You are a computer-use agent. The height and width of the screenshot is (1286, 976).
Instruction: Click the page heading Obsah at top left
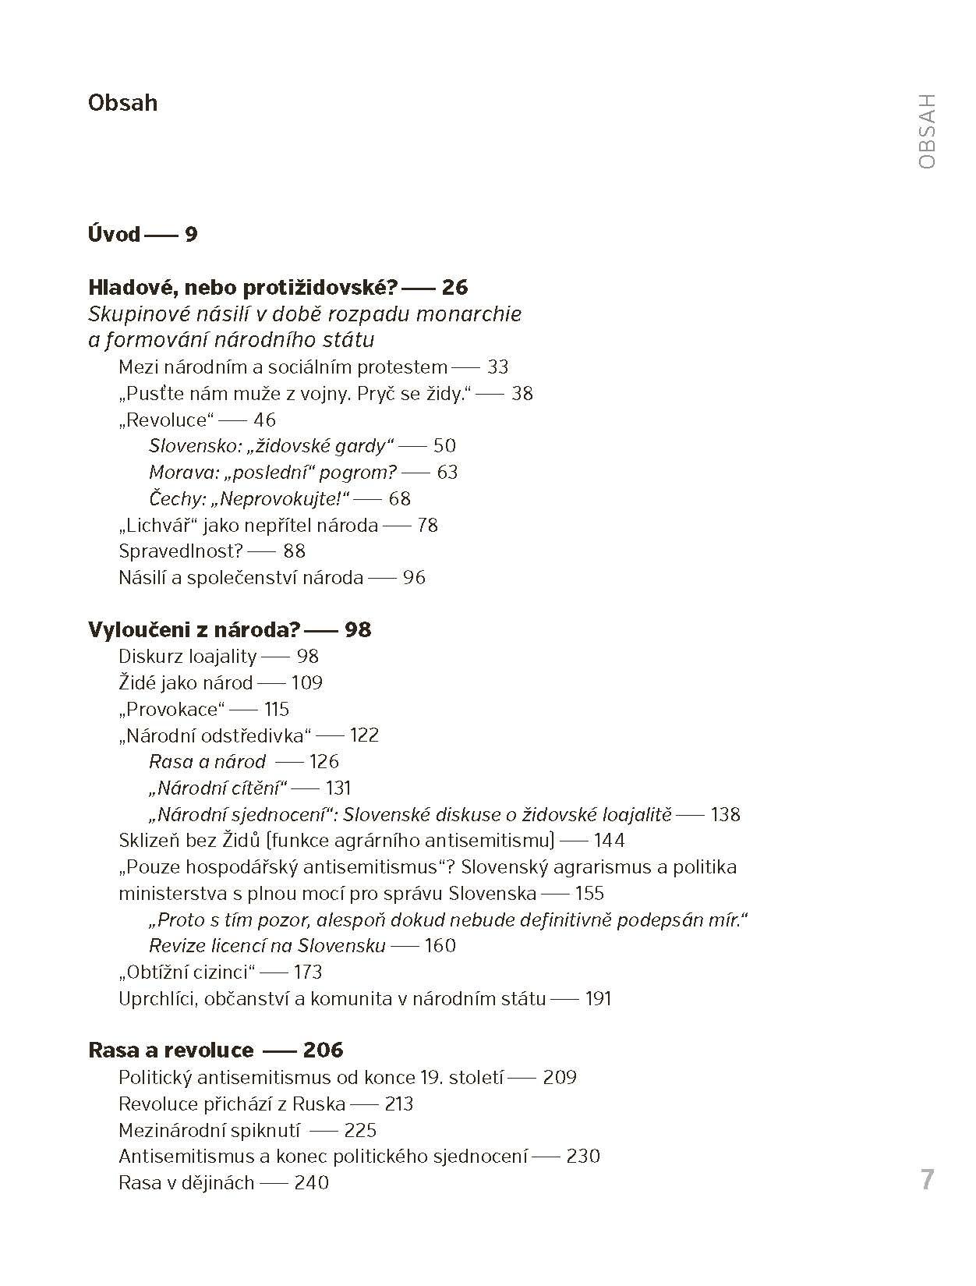pos(122,103)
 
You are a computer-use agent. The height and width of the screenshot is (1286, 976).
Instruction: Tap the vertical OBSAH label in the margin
pos(927,131)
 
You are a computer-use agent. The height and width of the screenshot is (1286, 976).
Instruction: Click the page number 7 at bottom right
pos(926,1179)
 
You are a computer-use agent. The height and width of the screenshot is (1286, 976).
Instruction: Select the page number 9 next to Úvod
pos(191,235)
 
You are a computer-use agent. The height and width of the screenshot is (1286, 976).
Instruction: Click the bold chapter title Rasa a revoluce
pos(171,1050)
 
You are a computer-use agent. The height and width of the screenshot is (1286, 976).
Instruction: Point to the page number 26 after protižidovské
pos(454,288)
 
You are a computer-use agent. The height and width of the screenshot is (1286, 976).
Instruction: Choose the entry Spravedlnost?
pos(182,551)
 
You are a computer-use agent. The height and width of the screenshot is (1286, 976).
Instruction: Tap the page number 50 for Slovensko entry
pos(444,446)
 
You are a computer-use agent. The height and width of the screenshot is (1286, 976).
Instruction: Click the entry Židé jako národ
pos(186,683)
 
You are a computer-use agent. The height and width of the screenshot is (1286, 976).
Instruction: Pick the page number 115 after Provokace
pos(277,710)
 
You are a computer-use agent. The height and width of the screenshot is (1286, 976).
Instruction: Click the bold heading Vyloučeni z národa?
pos(194,630)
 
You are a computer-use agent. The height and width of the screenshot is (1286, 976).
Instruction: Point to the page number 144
pos(609,841)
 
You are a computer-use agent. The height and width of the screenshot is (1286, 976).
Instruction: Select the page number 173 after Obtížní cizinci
pos(308,972)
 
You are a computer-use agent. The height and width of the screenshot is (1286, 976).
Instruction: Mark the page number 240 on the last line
pos(311,1183)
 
